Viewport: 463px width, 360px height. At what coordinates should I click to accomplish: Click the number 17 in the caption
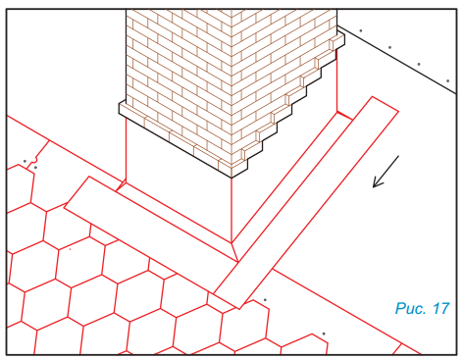[x=441, y=308]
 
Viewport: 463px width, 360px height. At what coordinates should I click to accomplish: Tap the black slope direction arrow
[x=386, y=172]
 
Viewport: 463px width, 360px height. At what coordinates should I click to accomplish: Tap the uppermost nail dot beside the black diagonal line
[x=361, y=30]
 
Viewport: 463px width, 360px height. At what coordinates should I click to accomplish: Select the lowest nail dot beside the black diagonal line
[x=447, y=80]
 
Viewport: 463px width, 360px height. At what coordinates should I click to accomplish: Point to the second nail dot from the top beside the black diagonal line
[x=389, y=47]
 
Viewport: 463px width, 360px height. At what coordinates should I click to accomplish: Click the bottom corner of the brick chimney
[x=231, y=178]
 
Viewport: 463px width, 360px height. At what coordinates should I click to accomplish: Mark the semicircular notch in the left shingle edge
[x=34, y=160]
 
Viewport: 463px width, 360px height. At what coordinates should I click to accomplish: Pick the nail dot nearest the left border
[x=25, y=161]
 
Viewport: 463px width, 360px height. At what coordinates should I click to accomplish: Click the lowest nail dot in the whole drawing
[x=324, y=334]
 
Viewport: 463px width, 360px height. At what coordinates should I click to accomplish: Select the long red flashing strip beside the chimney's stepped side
[x=306, y=203]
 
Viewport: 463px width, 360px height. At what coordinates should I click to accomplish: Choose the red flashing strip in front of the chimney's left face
[x=150, y=219]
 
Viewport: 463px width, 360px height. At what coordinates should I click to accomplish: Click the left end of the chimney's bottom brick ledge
[x=119, y=109]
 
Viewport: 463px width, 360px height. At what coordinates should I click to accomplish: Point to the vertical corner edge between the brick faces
[x=231, y=93]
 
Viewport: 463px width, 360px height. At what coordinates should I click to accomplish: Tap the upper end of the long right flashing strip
[x=386, y=104]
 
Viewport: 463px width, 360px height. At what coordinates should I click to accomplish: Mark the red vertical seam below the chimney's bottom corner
[x=231, y=210]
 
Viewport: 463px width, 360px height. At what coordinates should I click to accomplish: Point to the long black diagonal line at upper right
[x=396, y=60]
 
